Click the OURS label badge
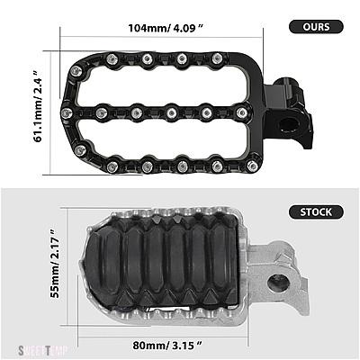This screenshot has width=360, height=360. click(x=316, y=27)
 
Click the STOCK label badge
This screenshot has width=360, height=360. click(x=316, y=212)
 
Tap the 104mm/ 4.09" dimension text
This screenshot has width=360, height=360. click(x=166, y=28)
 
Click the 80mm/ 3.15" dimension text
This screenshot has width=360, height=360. click(x=167, y=346)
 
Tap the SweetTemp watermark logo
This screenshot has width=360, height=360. click(x=43, y=350)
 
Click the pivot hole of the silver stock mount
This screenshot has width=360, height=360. click(x=278, y=283)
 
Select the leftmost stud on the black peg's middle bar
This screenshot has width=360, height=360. click(x=67, y=112)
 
